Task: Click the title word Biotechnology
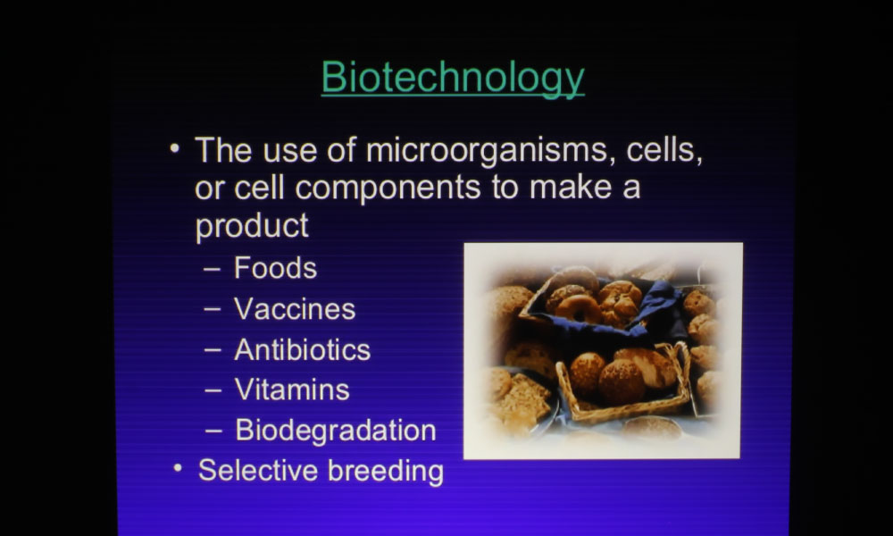coord(453,78)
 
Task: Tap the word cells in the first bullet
coord(664,150)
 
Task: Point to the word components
coord(388,188)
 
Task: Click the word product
coord(252,226)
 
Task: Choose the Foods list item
coord(275,268)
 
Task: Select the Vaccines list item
coord(295,309)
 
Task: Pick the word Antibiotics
coord(303,349)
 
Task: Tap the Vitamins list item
coord(292,390)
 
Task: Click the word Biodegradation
coord(336,431)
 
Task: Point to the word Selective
coord(258,471)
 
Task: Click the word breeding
coord(386,472)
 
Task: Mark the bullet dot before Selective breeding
coord(178,468)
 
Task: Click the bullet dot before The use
coord(174,148)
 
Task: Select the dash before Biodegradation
coord(213,431)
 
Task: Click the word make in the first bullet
coord(571,188)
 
